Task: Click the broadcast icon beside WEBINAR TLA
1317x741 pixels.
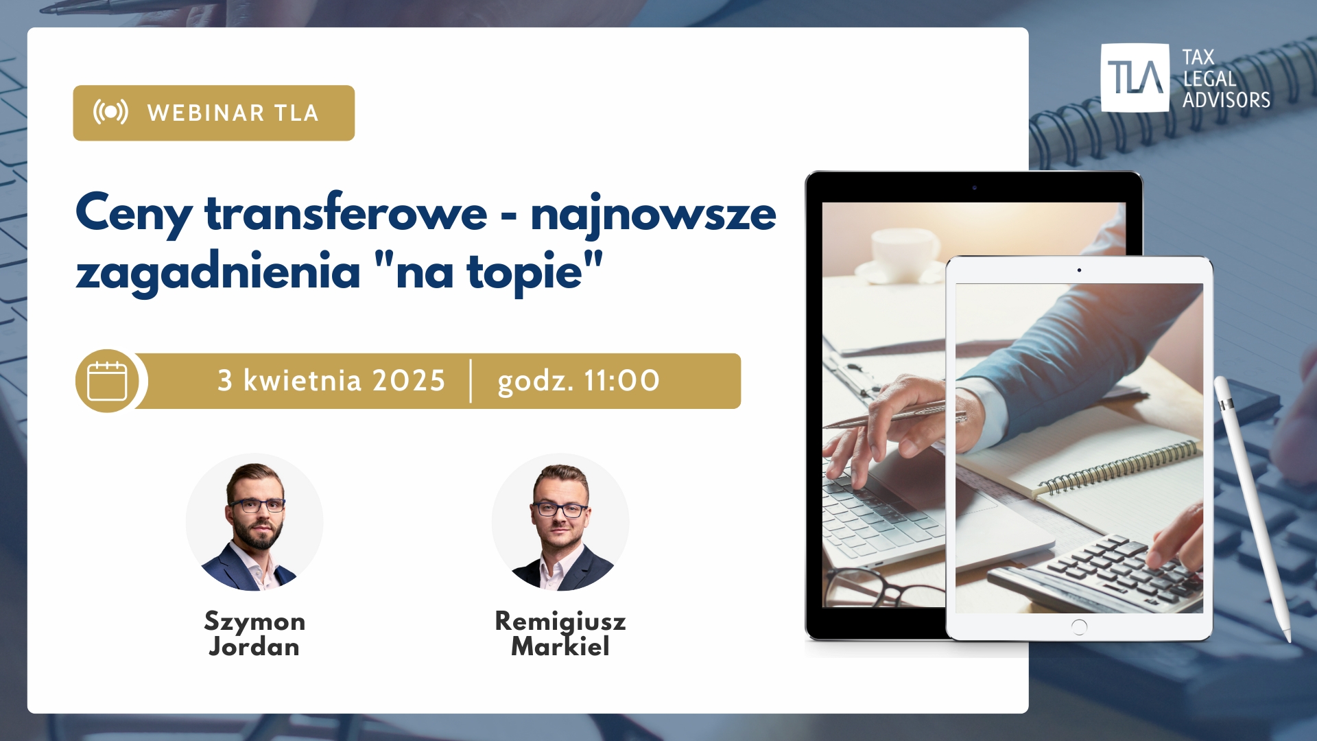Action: (110, 112)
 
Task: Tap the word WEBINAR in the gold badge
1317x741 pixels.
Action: (206, 113)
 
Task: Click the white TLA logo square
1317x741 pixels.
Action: (1135, 78)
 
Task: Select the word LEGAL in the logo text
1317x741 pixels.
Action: (1210, 79)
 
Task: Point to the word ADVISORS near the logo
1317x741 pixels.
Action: (1226, 100)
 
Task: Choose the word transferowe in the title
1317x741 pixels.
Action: (346, 213)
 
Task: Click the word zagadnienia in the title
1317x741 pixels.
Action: (218, 272)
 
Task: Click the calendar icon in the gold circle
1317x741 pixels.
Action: (108, 381)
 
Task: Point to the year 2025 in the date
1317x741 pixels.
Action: (409, 381)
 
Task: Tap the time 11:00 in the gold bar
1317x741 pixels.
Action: (621, 381)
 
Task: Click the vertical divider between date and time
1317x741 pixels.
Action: (471, 381)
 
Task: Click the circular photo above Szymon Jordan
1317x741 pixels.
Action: (254, 522)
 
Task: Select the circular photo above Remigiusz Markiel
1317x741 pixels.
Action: (560, 522)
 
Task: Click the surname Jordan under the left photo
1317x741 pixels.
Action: (254, 647)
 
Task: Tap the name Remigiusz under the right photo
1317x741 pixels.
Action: (560, 622)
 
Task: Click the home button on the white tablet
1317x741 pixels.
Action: (1079, 626)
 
